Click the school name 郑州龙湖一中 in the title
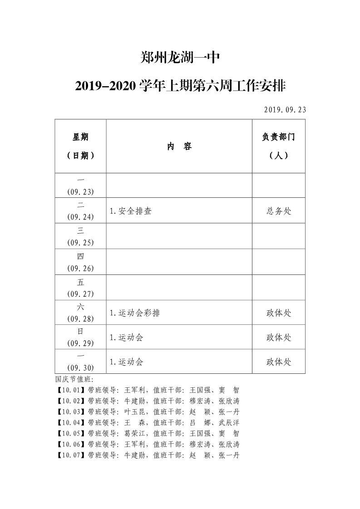click(180, 58)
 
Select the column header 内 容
click(179, 146)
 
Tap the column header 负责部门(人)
click(278, 146)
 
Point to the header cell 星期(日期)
click(80, 146)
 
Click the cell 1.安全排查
click(131, 211)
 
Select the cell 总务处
click(278, 211)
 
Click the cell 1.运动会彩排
click(135, 313)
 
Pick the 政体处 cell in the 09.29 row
click(278, 338)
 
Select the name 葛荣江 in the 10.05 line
click(134, 433)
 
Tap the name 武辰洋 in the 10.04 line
click(229, 422)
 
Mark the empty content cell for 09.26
click(179, 262)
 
